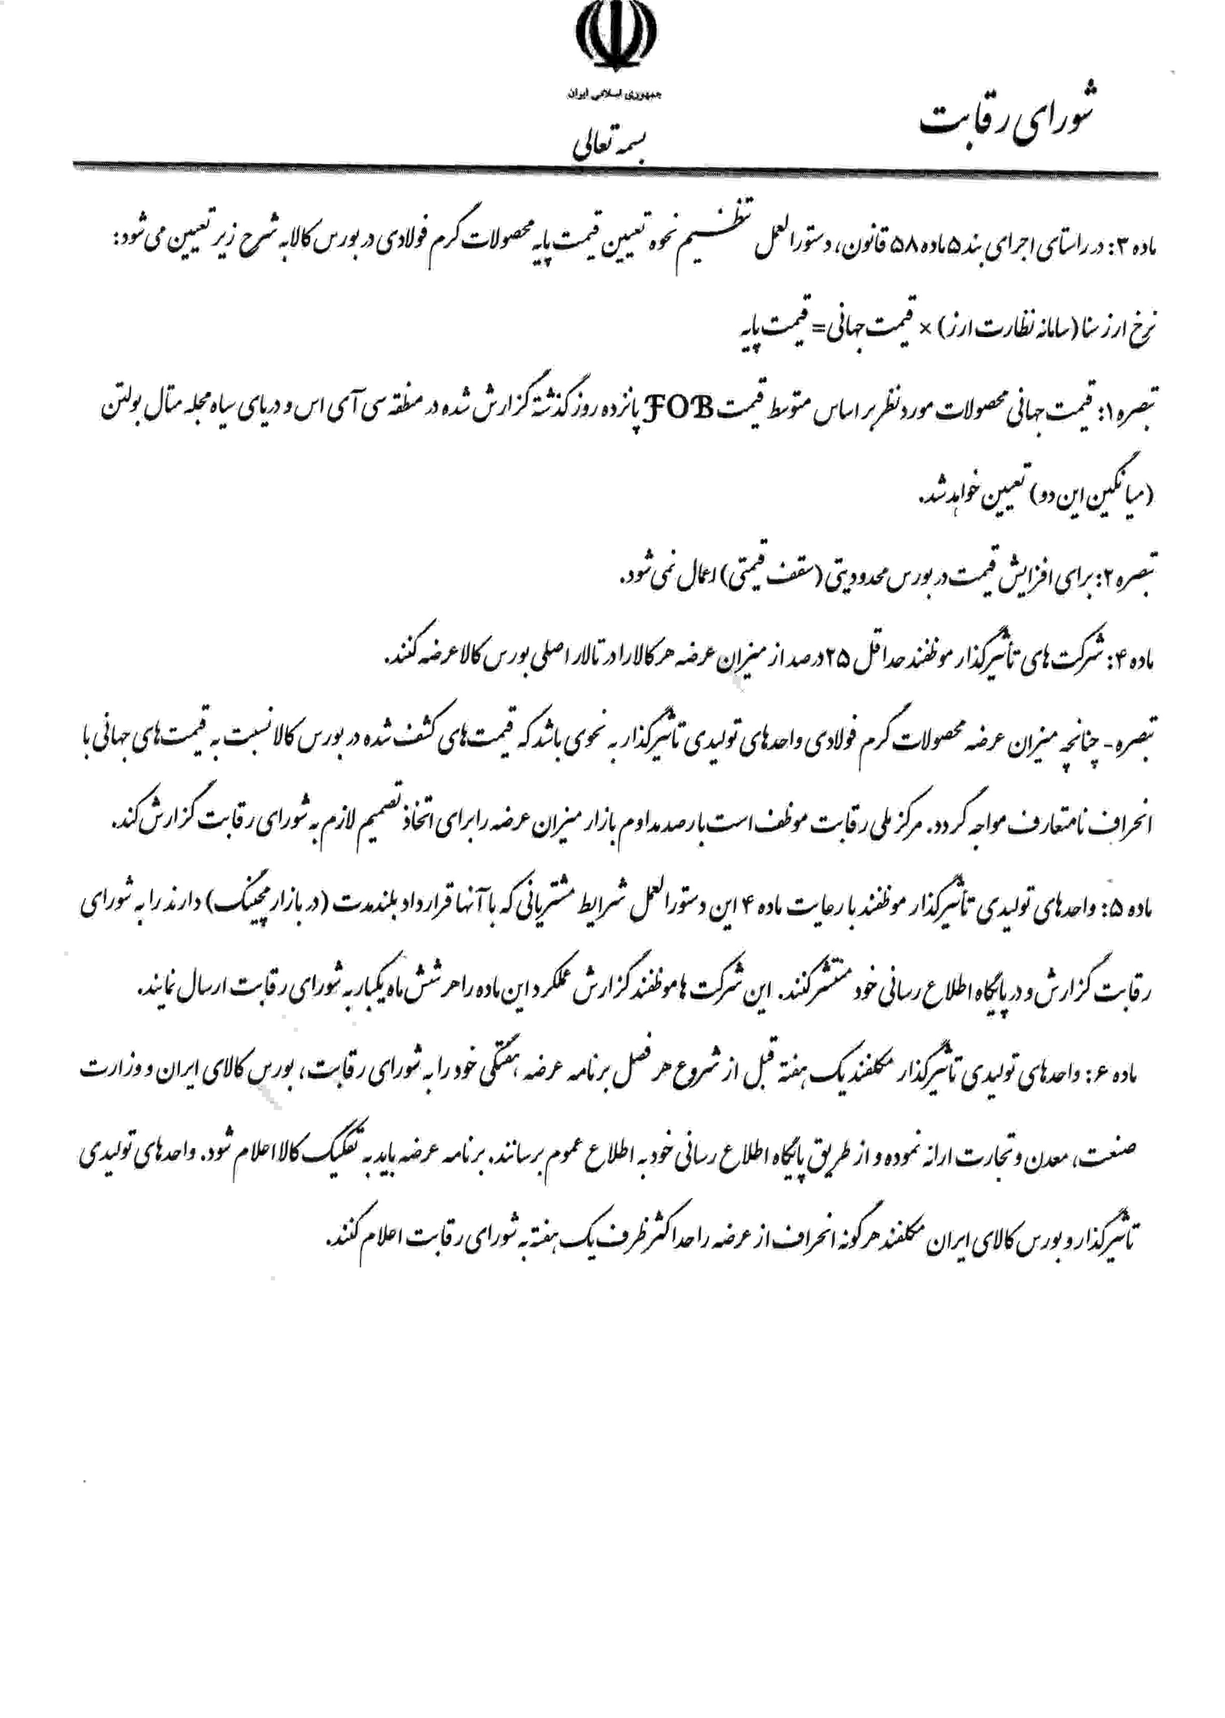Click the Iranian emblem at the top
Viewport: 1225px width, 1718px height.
612,42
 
